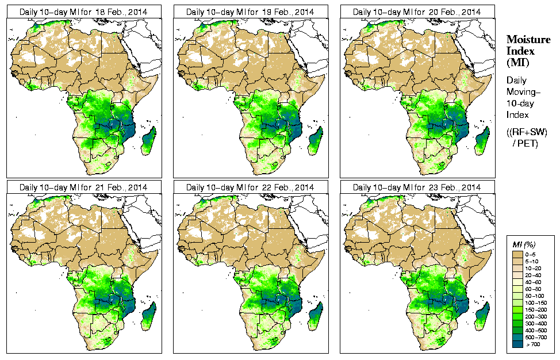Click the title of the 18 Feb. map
click(x=83, y=12)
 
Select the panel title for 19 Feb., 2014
click(x=250, y=12)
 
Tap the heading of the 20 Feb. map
click(x=417, y=12)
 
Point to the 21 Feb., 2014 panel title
click(x=83, y=187)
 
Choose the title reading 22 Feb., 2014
click(x=250, y=187)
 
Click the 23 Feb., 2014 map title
click(x=417, y=187)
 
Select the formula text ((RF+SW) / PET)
click(x=527, y=137)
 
